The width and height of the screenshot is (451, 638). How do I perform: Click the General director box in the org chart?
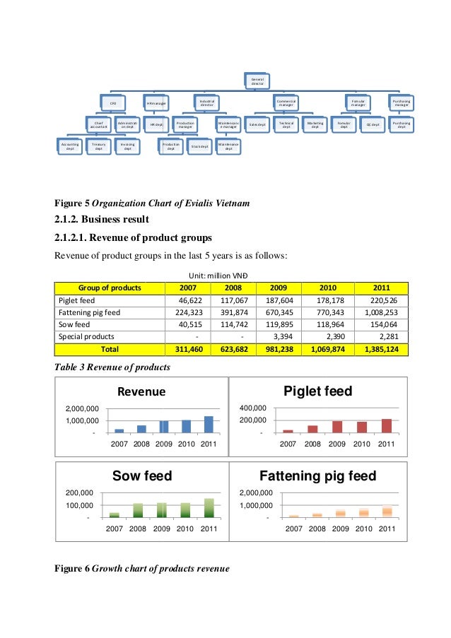[257, 82]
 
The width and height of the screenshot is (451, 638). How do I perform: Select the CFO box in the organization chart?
[112, 104]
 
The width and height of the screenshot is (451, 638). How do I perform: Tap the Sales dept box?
[257, 124]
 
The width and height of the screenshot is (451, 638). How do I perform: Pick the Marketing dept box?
[315, 124]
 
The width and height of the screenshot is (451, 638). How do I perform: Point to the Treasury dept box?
[98, 146]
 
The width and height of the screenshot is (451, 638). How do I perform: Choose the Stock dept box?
[200, 147]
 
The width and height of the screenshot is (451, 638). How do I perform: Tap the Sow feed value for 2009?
[271, 324]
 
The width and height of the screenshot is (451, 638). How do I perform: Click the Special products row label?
[86, 336]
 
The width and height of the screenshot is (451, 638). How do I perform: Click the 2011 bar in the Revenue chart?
[209, 424]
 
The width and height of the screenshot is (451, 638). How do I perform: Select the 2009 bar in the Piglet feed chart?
[336, 426]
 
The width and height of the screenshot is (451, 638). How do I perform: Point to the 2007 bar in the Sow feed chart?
[115, 515]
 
